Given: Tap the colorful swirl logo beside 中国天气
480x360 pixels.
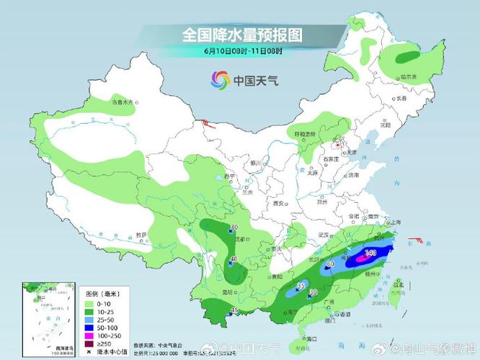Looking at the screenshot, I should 220,80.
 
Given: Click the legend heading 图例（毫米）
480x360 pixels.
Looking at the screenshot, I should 102,294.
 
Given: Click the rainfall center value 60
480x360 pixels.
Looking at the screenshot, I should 331,264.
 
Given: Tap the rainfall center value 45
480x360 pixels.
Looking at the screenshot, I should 234,310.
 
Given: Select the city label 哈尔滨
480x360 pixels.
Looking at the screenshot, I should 409,76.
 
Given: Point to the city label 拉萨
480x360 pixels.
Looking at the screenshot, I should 141,235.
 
